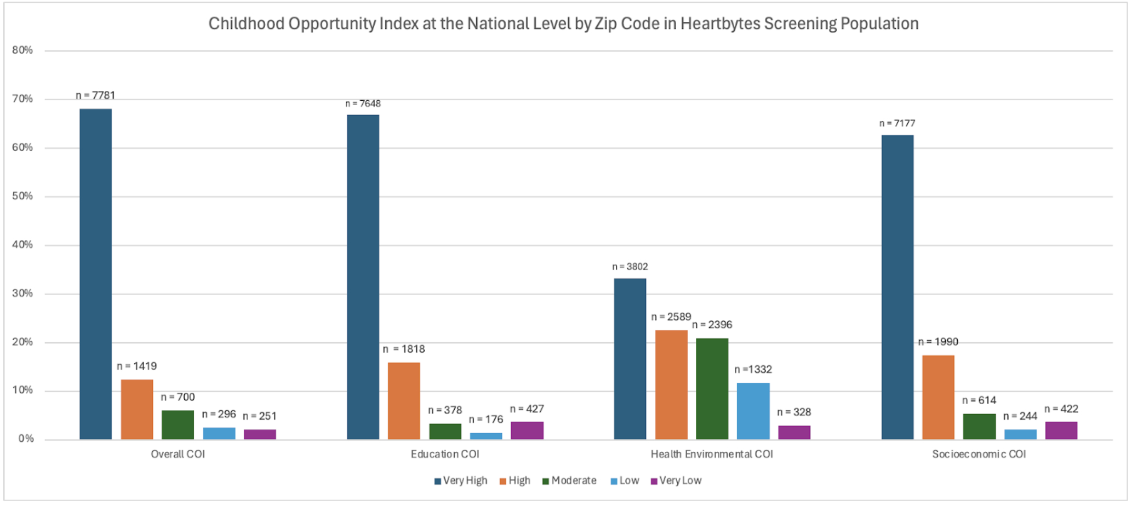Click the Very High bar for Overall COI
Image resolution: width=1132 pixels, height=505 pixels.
95,274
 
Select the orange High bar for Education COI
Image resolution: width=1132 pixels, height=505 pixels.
404,401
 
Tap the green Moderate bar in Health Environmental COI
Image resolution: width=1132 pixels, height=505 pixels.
712,389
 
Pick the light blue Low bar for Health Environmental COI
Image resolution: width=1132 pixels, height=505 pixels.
753,411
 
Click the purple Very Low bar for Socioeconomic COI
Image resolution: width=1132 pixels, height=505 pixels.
1061,431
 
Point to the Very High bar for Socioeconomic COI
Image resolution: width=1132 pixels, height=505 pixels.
897,287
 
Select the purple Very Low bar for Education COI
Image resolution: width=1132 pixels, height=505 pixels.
527,431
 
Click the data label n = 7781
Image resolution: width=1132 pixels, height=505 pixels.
95,95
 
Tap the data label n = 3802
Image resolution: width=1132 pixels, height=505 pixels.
630,267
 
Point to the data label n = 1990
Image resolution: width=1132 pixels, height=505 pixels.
938,342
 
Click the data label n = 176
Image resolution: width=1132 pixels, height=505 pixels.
485,420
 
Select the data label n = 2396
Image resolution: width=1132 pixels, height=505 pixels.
712,325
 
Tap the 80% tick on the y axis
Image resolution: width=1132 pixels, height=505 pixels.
22,50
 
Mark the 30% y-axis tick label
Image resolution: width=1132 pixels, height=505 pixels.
22,294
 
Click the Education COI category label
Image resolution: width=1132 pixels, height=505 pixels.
445,454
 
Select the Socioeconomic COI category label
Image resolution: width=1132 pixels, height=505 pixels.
979,454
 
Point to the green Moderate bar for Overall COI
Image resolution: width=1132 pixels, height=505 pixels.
178,425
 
